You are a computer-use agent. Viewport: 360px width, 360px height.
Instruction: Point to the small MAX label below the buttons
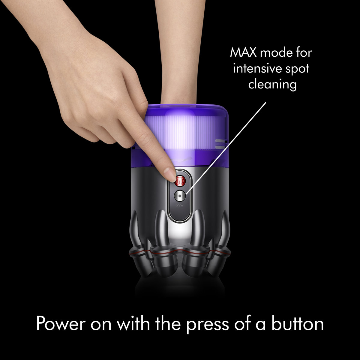(x=180, y=205)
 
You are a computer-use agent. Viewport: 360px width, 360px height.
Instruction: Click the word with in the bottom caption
(x=133, y=323)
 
